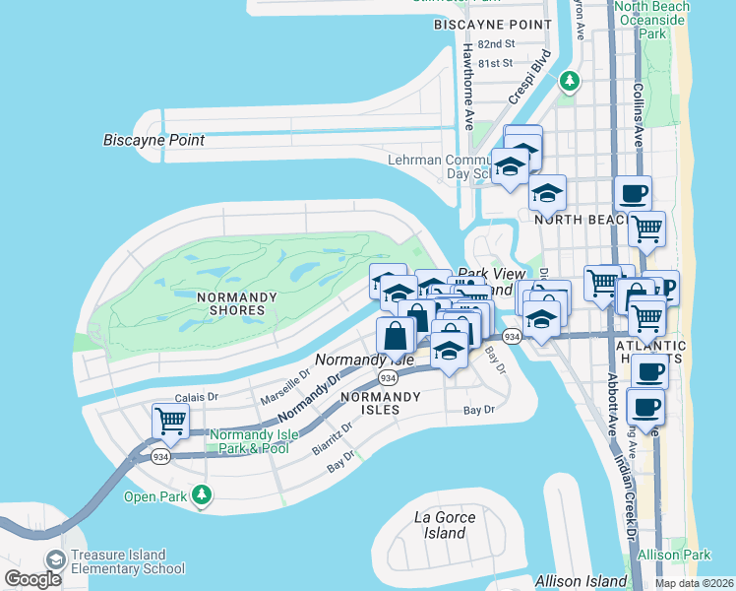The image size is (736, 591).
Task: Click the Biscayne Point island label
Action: point(153,140)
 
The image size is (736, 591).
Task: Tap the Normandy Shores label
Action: point(230,303)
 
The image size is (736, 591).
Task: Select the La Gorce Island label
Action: point(445,525)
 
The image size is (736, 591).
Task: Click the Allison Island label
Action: point(581,581)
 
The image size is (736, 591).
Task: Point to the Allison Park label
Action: point(674,556)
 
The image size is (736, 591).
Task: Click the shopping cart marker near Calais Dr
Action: point(170,422)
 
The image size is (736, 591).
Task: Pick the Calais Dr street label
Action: point(194,398)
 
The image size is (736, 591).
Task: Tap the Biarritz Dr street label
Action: point(335,433)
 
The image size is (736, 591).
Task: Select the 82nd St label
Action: point(495,44)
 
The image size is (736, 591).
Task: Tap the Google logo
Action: point(32,579)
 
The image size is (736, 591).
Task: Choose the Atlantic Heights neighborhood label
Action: point(649,347)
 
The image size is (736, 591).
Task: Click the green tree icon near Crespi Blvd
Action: point(568,81)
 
